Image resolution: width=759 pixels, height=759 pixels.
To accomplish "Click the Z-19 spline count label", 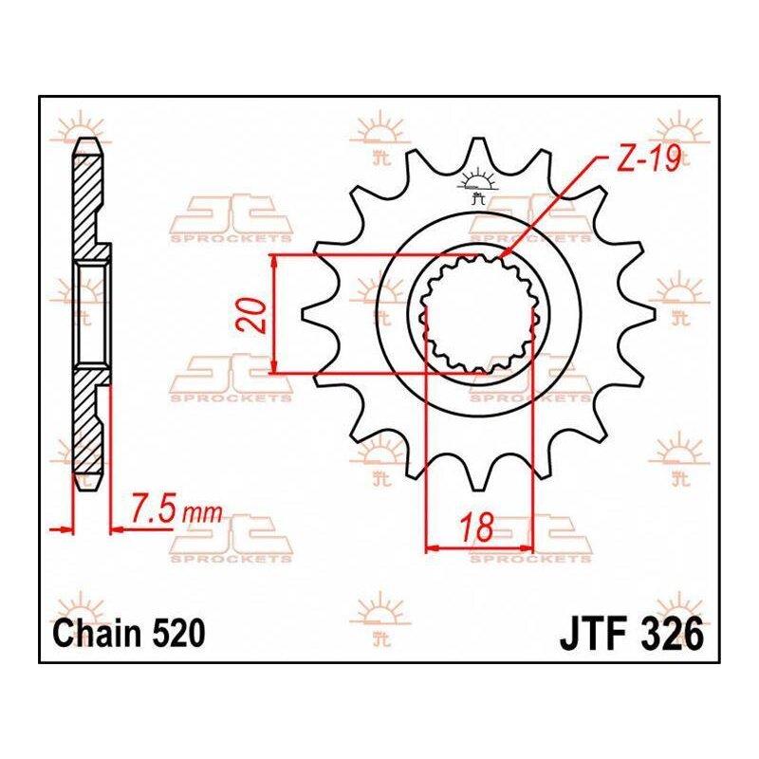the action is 650,158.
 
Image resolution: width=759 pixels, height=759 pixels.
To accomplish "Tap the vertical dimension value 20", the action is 255,316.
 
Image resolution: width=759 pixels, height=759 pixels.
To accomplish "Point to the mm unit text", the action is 202,513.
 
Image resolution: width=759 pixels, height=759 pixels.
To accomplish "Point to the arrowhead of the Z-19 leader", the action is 505,252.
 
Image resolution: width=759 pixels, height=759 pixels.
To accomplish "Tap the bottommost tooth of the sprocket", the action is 478,477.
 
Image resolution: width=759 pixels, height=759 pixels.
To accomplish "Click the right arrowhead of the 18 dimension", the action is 526,548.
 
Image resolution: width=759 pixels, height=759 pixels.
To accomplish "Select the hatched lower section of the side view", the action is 88,426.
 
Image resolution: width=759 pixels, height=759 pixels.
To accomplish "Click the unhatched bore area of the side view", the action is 91,314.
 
